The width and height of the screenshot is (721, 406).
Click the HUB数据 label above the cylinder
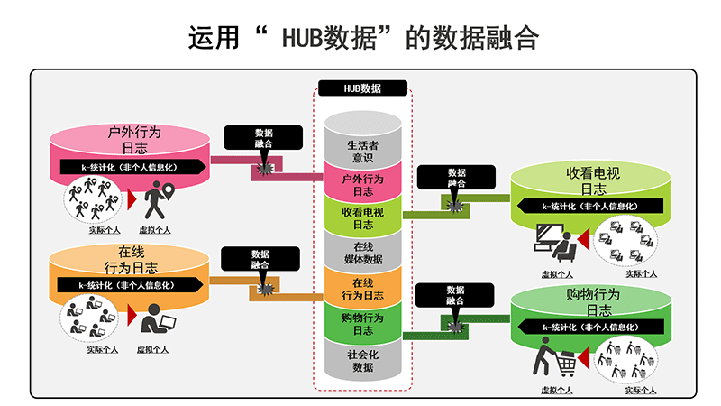coord(362,88)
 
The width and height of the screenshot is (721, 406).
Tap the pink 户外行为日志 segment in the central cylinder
coord(361,185)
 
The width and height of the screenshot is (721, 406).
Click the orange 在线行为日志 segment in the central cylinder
coord(361,288)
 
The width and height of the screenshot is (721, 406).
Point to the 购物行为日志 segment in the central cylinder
coord(361,323)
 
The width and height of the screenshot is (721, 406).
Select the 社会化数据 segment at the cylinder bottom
coord(361,360)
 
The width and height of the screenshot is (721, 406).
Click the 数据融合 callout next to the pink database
coord(263,137)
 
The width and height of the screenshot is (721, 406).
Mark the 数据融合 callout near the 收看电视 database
coord(456,177)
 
